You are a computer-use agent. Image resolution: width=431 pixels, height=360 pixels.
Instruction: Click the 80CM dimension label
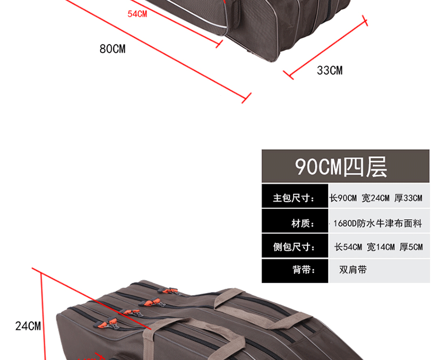[x=112, y=49]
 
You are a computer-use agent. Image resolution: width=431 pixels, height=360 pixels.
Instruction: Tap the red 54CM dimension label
[x=137, y=14]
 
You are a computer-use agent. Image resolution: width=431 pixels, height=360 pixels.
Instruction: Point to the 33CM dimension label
[x=329, y=71]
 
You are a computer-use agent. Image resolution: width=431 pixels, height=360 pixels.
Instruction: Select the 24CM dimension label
[x=28, y=326]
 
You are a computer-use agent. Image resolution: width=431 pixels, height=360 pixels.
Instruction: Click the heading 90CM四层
[x=341, y=167]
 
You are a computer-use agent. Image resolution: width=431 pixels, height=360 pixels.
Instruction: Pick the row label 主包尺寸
[x=294, y=199]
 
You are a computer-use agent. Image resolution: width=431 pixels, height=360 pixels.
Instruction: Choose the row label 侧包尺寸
[x=294, y=247]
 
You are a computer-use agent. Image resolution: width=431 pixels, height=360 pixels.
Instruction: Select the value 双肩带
[x=353, y=269]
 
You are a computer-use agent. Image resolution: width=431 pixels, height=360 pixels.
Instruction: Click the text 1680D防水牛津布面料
[x=378, y=223]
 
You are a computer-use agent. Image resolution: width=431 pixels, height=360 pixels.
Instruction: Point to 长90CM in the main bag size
[x=343, y=199]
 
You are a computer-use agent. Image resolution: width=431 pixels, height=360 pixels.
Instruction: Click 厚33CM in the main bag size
[x=408, y=199]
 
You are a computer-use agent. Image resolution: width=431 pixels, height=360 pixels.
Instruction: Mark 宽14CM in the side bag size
[x=380, y=247]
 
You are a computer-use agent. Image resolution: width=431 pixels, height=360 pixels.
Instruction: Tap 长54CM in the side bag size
[x=348, y=247]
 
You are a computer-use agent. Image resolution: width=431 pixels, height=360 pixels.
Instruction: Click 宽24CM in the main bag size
[x=375, y=199]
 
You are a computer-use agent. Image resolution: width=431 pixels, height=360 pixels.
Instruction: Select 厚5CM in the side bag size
[x=411, y=247]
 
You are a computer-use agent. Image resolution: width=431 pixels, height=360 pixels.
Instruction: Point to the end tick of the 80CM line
[x=247, y=98]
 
